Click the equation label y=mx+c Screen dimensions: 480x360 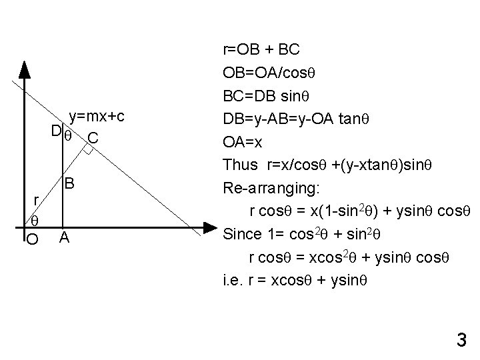coord(97,117)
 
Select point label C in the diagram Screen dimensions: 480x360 coord(93,139)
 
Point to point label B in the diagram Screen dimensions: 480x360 coord(69,183)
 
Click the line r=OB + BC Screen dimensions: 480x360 coord(261,49)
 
